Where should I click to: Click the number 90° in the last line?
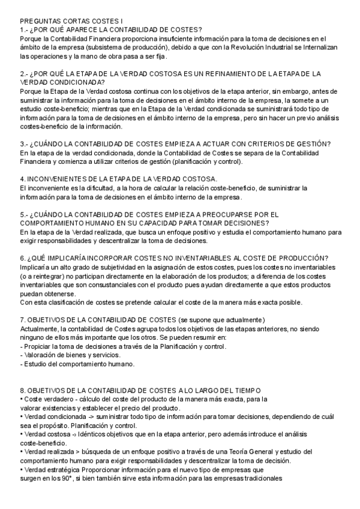coord(62,478)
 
